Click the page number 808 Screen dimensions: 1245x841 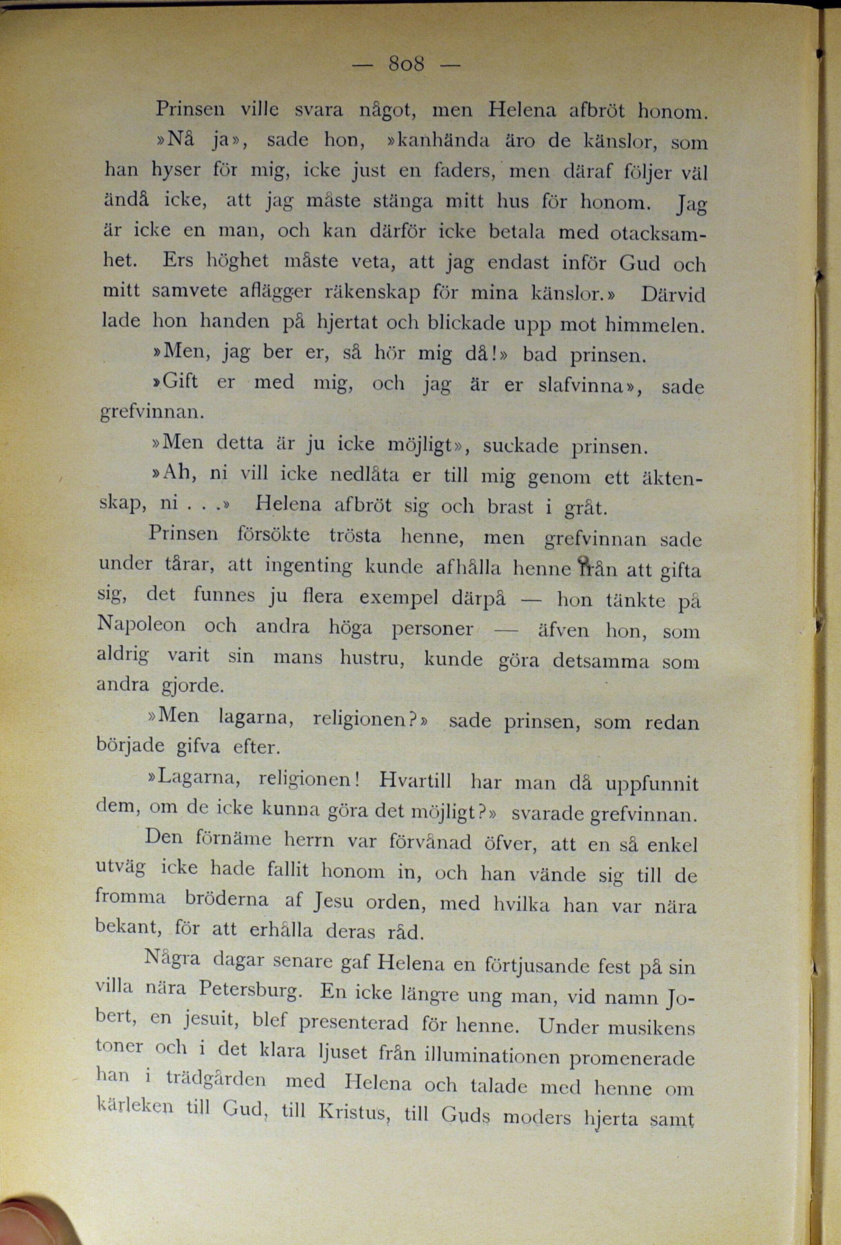406,65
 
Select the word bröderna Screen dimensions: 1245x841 226,899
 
